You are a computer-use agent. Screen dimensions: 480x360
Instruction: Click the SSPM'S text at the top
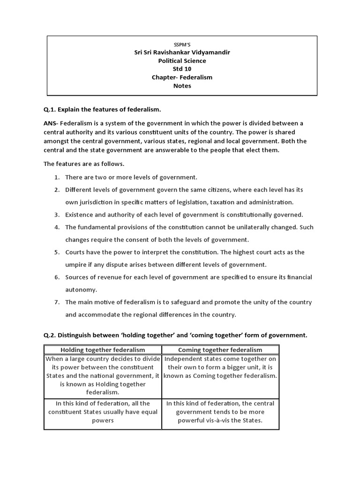point(182,44)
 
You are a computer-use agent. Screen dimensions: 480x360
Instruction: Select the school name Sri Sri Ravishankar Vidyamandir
point(182,52)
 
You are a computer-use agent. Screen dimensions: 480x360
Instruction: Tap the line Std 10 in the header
point(182,69)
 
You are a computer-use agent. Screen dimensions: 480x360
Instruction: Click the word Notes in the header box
point(182,86)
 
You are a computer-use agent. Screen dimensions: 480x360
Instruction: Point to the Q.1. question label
point(50,110)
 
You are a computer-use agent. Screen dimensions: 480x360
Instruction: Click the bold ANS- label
point(52,123)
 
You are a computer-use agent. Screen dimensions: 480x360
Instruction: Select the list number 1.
point(56,177)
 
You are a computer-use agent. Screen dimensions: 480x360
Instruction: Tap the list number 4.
point(56,227)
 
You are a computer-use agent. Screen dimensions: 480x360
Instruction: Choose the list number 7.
point(56,302)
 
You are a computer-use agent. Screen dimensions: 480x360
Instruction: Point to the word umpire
point(75,265)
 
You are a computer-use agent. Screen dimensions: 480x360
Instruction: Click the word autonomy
point(80,290)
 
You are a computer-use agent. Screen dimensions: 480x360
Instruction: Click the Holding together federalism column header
point(103,350)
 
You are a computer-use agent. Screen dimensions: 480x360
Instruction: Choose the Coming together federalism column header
point(220,350)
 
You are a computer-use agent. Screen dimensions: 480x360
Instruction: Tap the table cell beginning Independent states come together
point(220,367)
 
